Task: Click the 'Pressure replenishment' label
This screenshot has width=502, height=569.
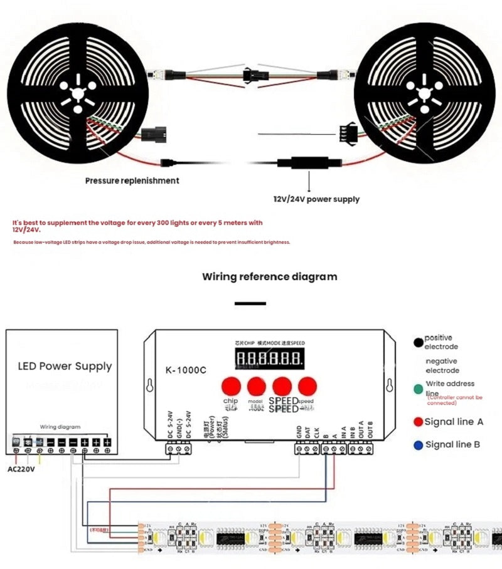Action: tap(132, 180)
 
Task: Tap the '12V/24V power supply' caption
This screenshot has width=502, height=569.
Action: tap(316, 199)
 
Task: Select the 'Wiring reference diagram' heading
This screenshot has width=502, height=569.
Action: tap(269, 276)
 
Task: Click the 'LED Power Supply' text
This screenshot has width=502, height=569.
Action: tap(65, 366)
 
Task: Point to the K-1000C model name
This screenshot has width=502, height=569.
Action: tap(187, 370)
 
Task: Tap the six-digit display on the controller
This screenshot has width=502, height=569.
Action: tap(269, 360)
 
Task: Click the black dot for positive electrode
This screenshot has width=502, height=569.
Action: tap(418, 342)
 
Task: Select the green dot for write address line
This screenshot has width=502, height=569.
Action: tap(418, 389)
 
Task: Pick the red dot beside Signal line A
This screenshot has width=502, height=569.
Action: tap(418, 422)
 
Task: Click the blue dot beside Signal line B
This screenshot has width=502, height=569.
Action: tap(418, 444)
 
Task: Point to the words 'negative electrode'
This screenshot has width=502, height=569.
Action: tap(442, 366)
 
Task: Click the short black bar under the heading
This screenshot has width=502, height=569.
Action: tap(250, 303)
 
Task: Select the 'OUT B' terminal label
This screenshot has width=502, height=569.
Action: tap(370, 432)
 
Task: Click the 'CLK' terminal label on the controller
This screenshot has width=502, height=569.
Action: tap(317, 432)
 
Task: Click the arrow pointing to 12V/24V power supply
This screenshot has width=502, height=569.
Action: tap(308, 182)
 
